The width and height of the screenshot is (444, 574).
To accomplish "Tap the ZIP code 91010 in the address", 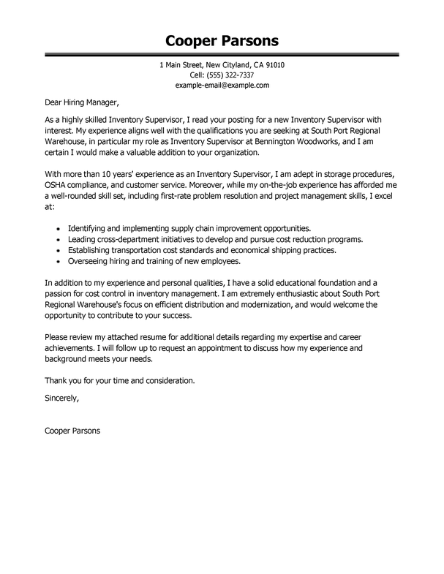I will coord(272,65).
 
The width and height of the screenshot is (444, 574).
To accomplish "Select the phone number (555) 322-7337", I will coord(232,75).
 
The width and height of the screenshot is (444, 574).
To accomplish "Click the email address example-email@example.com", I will coord(222,86).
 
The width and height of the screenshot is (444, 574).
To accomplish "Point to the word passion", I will coord(60,294).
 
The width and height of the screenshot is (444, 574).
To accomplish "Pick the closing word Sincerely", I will coord(61,399).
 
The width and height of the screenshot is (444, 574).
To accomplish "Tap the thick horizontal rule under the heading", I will coord(222,54).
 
